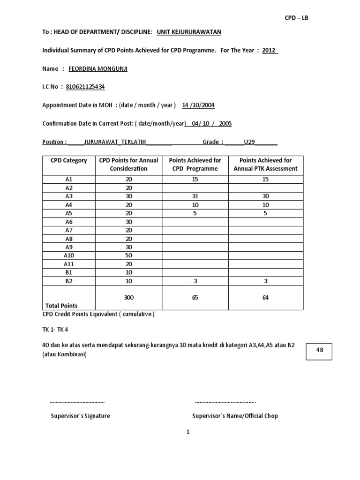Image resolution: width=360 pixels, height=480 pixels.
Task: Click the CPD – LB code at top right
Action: pos(297,18)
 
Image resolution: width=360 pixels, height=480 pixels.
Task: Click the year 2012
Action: pos(269,50)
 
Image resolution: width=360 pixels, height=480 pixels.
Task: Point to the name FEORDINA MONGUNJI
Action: pos(98,69)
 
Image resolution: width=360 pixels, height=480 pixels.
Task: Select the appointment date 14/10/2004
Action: pos(198,105)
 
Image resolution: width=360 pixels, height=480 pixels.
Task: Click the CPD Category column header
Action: pos(69,160)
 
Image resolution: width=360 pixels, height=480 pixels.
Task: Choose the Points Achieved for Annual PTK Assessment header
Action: pos(265,165)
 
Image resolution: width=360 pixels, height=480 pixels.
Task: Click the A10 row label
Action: pos(69,255)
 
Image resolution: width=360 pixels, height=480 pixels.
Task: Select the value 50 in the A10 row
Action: pos(128,255)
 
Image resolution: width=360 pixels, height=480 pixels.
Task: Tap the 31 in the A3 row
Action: pos(195,196)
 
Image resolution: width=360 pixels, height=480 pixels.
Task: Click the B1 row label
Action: pos(69,272)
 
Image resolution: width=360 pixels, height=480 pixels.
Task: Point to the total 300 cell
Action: pos(128,297)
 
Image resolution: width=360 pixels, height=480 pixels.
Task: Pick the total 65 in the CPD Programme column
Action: pos(195,297)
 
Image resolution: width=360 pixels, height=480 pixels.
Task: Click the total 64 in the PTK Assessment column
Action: pos(265,297)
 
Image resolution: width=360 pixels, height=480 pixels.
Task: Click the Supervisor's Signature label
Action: pos(80,416)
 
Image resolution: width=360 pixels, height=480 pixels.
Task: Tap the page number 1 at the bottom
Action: pos(187,433)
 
